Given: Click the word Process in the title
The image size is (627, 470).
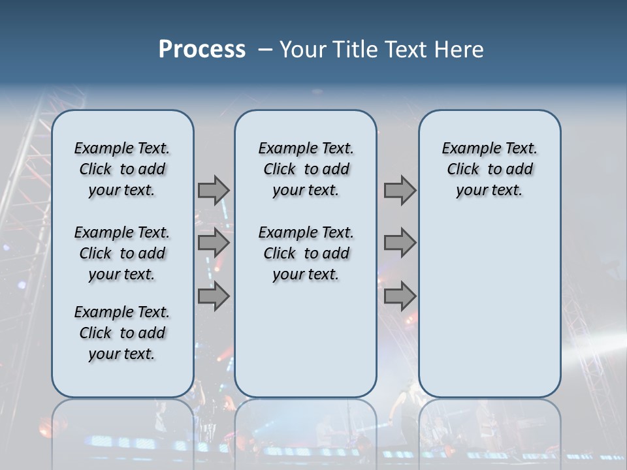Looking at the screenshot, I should click(x=202, y=50).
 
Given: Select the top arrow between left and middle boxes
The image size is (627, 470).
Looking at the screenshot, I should click(x=214, y=190).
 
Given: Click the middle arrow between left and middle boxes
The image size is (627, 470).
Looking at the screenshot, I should click(x=214, y=243).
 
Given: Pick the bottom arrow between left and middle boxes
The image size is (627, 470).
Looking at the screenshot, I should click(x=214, y=296).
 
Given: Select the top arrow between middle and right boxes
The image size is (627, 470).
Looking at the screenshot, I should click(x=400, y=190).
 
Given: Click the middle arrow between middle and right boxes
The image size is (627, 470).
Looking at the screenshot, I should click(x=400, y=243).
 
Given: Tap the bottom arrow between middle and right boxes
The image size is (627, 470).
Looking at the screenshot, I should click(x=400, y=296).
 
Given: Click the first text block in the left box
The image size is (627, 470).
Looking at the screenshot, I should click(x=122, y=169).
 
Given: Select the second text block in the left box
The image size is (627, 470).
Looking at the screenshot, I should click(x=122, y=253).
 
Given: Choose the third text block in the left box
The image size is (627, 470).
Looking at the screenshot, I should click(x=122, y=333).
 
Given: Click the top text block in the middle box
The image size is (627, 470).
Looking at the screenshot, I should click(x=306, y=169).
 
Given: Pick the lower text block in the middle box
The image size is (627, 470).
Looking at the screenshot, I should click(x=306, y=253).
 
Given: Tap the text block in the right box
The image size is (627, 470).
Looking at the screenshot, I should click(x=489, y=169).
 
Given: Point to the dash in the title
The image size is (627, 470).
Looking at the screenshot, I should click(x=265, y=50).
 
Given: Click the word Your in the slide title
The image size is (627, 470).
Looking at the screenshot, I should click(x=302, y=50).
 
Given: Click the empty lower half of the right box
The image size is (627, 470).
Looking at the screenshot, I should click(x=489, y=307).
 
